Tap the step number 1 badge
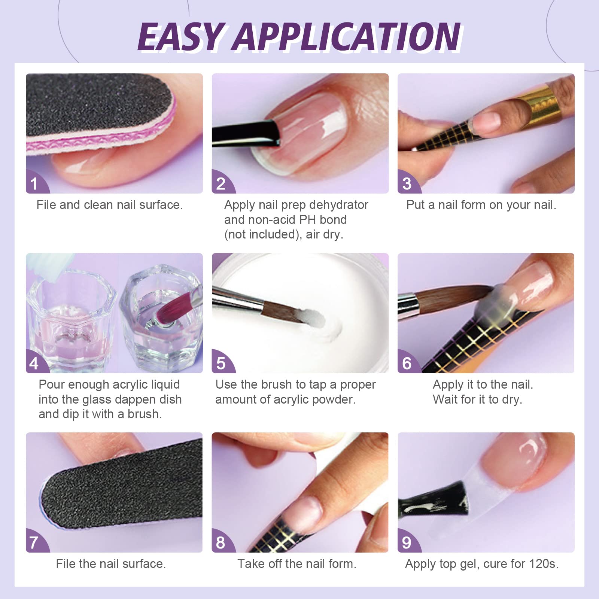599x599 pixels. coord(34,183)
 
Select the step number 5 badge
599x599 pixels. coord(221,363)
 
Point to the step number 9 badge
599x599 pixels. coord(407,542)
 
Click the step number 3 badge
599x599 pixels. coord(407,183)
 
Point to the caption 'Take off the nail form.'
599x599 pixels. coord(297,564)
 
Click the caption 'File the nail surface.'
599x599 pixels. coord(111,564)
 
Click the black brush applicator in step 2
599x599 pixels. coord(247,133)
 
